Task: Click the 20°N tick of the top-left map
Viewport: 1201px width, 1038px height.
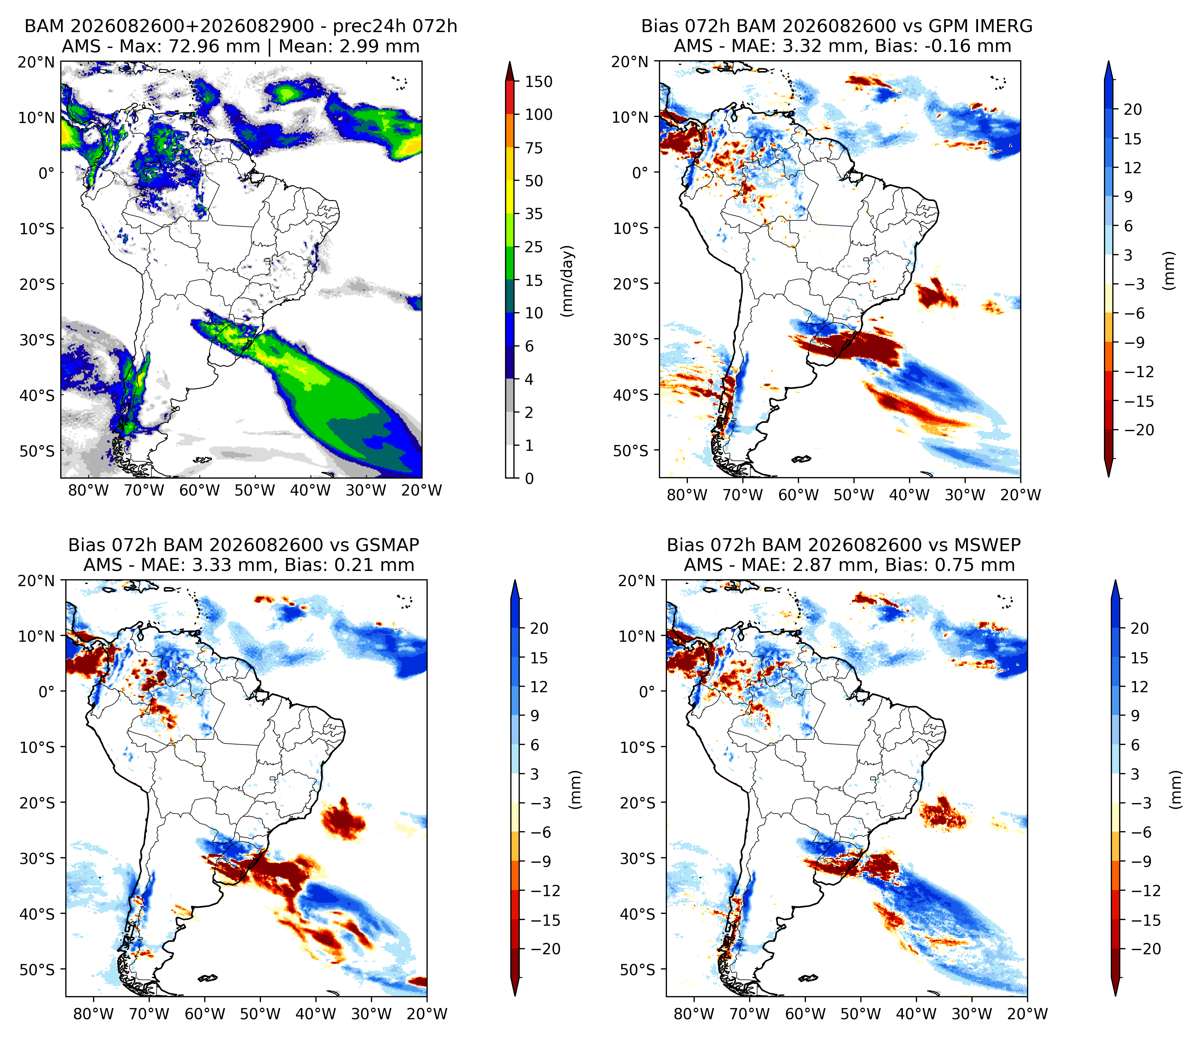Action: tap(36, 62)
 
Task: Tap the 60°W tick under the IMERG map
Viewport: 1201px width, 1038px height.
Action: tap(798, 495)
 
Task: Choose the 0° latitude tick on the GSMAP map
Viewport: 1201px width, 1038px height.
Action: tap(46, 692)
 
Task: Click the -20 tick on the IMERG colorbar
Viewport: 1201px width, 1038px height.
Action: tap(1139, 430)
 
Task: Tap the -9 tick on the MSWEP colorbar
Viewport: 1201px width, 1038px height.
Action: tap(1145, 861)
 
